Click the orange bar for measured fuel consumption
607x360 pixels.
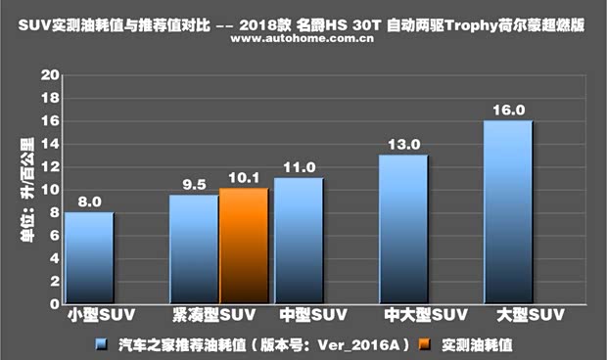tap(244, 245)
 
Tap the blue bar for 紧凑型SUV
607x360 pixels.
tap(194, 248)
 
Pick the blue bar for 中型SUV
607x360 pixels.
tap(299, 240)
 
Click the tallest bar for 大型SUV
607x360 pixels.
tap(508, 211)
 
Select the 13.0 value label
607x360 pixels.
tap(404, 144)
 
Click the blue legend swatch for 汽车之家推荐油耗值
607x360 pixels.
tap(102, 344)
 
